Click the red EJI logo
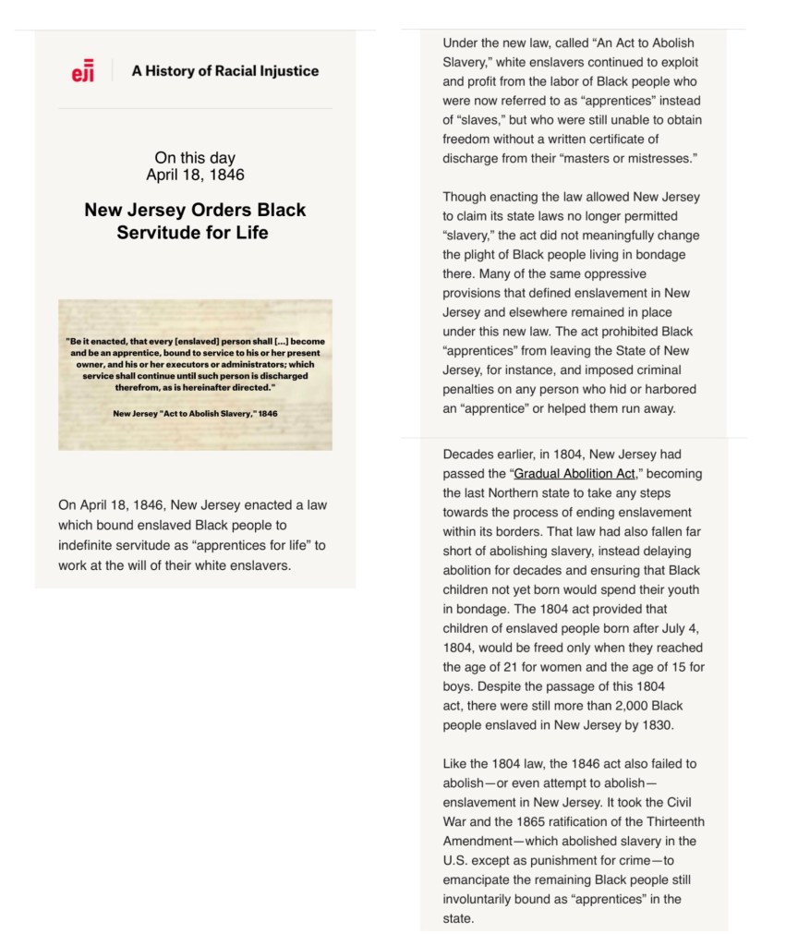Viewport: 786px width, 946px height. point(82,71)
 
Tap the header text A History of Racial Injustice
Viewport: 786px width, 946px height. point(224,70)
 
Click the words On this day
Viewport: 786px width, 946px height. point(195,158)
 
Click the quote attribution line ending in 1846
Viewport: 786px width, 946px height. point(195,413)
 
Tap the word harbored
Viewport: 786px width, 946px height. point(667,389)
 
